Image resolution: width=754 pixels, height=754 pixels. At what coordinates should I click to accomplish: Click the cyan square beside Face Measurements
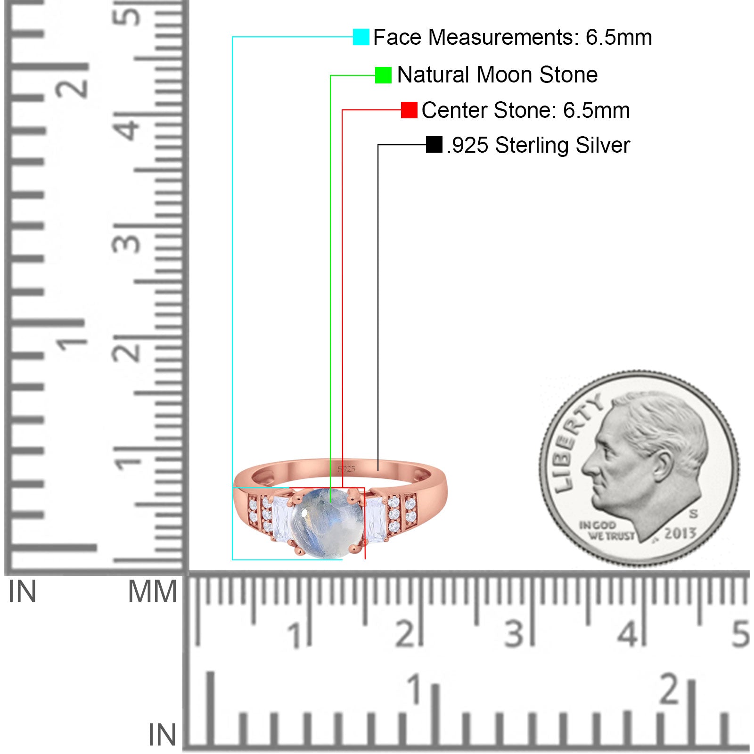pos(361,37)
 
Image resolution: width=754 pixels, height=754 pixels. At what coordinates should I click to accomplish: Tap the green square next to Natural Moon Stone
pos(383,75)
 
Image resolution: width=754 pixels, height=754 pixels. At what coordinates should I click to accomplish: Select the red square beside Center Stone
pos(409,110)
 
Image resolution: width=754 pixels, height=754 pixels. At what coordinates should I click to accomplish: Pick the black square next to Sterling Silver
pos(434,145)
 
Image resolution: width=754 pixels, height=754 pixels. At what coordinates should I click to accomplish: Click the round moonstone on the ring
pos(328,524)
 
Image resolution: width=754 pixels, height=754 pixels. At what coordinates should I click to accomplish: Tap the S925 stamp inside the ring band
pos(346,469)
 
